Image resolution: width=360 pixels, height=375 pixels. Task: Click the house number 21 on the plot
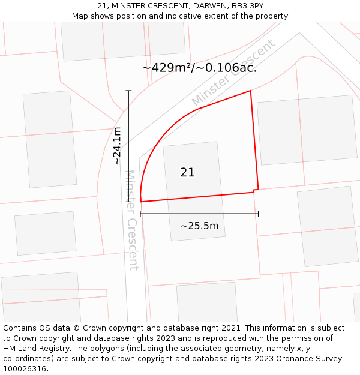[187, 173]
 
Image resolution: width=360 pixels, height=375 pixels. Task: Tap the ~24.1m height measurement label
[117, 146]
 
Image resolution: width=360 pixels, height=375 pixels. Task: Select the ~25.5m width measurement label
[199, 226]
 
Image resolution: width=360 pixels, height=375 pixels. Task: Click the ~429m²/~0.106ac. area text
[199, 68]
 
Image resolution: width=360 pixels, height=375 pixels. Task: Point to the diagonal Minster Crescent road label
[233, 73]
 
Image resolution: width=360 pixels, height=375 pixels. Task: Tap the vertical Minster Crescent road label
[131, 220]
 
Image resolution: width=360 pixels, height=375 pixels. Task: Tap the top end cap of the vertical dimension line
[128, 91]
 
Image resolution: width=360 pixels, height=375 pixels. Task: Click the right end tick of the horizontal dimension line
[258, 214]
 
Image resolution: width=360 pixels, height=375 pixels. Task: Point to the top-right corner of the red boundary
[250, 91]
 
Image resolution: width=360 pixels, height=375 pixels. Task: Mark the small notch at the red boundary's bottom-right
[256, 191]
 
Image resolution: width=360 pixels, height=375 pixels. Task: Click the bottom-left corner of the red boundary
[141, 202]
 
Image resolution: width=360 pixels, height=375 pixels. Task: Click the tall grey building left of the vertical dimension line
[50, 139]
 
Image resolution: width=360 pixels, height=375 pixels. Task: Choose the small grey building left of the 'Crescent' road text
[46, 233]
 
